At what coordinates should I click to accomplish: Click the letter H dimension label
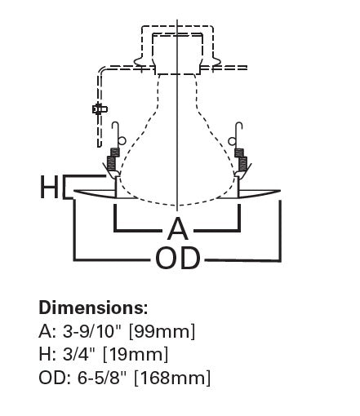coord(49,188)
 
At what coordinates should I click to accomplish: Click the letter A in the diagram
coord(178,228)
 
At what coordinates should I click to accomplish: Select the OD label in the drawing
coord(178,259)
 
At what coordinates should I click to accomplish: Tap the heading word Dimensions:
coord(93,308)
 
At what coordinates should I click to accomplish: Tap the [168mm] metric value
coord(180,378)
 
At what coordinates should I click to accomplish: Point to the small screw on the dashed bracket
coord(100,108)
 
